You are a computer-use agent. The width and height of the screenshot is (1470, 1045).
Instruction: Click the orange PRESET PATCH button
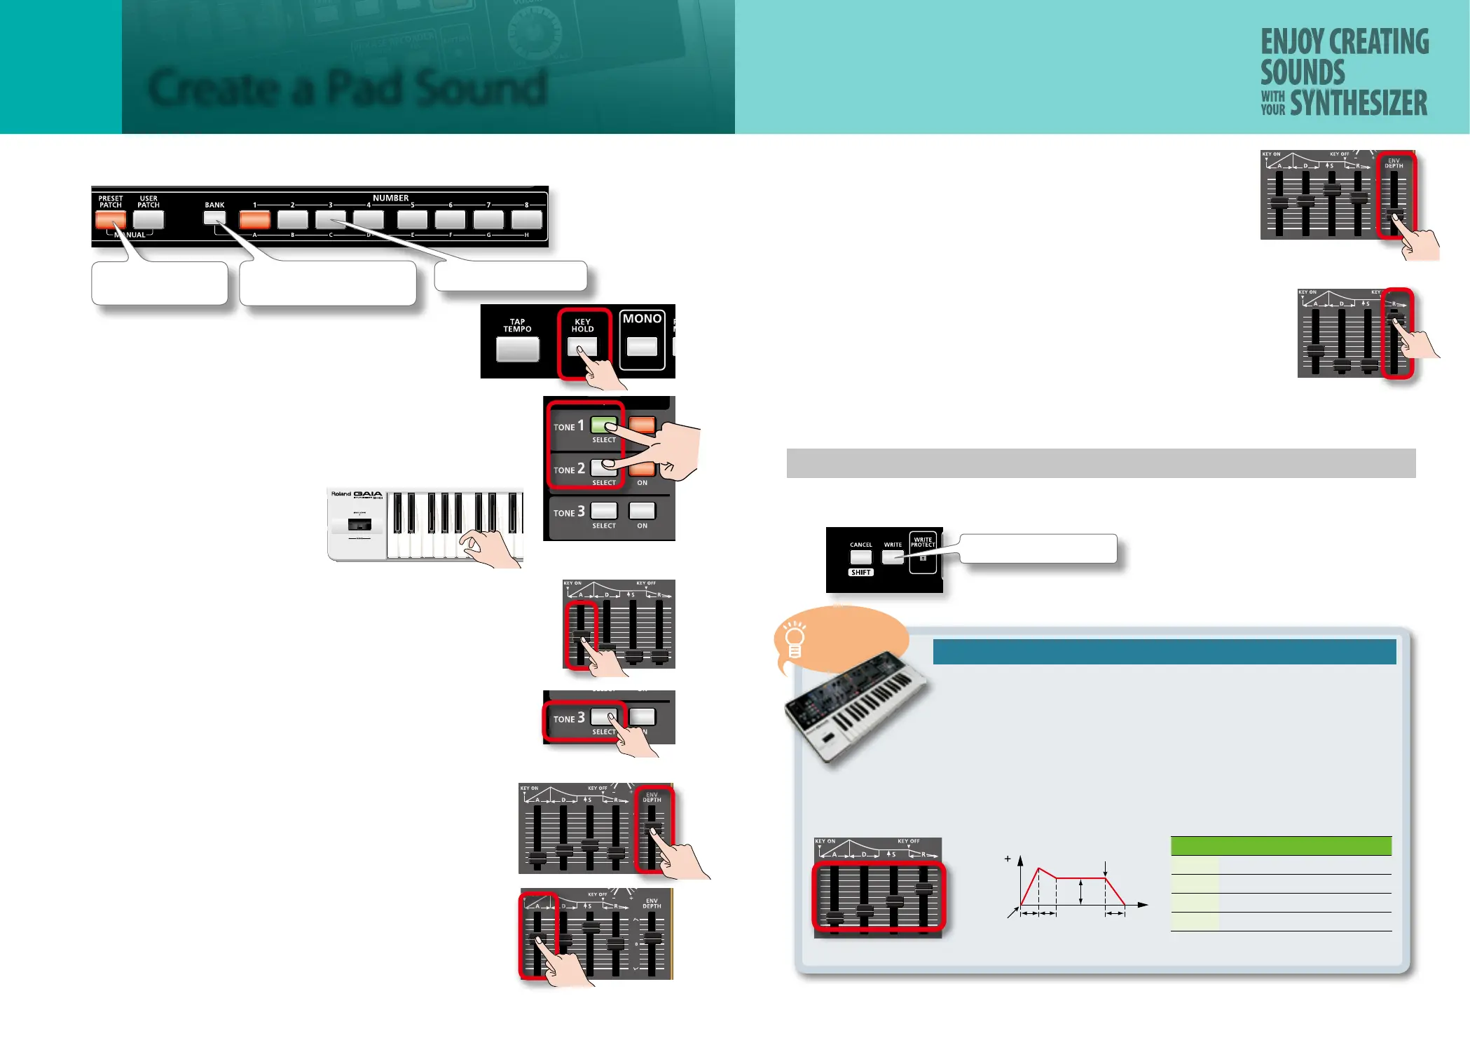[110, 220]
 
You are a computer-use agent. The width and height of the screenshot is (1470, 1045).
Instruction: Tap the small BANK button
[214, 218]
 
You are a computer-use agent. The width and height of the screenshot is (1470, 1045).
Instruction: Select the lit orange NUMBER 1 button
[254, 220]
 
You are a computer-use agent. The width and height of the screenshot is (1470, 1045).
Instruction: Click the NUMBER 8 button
[526, 220]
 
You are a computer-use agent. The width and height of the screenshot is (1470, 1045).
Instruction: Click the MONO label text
[642, 319]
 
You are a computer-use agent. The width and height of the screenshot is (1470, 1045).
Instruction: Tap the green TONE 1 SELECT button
[603, 425]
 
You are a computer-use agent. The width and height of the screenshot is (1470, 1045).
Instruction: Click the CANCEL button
[860, 557]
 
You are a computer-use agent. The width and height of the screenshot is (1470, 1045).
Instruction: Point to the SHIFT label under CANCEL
[860, 573]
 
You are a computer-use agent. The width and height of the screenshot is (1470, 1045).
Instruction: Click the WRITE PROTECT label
[923, 542]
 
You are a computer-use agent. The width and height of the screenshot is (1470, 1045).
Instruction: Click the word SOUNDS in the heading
[1303, 73]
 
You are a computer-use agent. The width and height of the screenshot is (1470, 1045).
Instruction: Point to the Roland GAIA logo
[357, 494]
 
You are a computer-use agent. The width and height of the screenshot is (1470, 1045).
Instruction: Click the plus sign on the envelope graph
[1008, 859]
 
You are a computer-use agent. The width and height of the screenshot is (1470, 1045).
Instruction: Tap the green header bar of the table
[1280, 846]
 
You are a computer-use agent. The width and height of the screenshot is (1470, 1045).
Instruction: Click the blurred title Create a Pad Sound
[347, 89]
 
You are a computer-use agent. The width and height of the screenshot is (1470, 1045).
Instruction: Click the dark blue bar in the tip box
[1164, 651]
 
